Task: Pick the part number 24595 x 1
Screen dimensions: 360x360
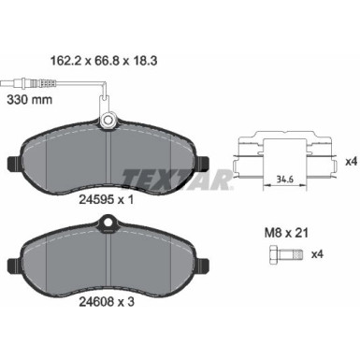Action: pyautogui.click(x=115, y=197)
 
